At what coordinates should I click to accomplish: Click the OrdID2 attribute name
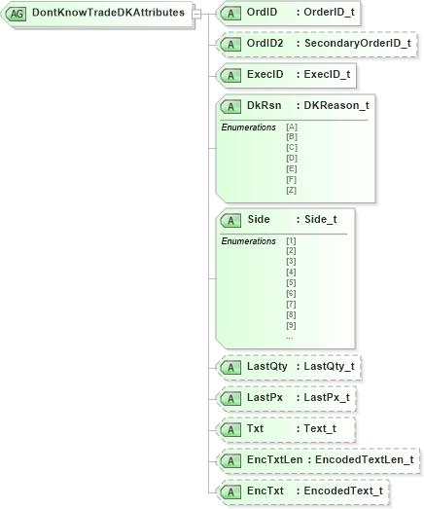[x=265, y=44]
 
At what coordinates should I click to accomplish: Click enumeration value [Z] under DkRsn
[x=292, y=190]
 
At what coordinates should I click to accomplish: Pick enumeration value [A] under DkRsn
[x=292, y=127]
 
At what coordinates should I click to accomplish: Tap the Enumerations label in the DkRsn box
[x=249, y=127]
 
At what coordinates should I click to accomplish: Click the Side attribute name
[x=259, y=220]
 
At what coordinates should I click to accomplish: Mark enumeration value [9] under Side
[x=291, y=325]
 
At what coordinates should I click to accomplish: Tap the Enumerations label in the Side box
[x=249, y=240]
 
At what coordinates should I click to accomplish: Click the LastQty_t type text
[x=331, y=367]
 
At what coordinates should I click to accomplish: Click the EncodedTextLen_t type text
[x=362, y=460]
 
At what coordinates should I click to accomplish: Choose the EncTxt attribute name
[x=265, y=491]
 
